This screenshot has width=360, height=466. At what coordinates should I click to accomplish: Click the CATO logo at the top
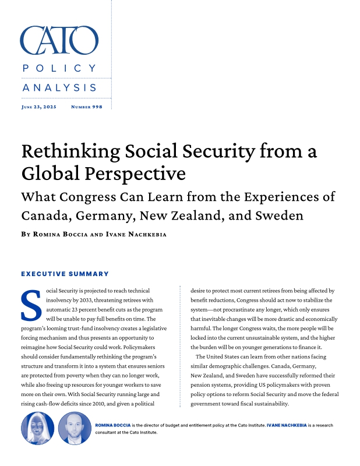click(x=59, y=40)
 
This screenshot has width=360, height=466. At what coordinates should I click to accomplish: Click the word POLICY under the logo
click(x=59, y=69)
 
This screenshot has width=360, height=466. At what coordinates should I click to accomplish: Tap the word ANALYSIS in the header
click(x=59, y=87)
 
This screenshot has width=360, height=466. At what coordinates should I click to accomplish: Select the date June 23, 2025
click(x=38, y=107)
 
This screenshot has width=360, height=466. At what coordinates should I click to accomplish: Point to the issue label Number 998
click(x=86, y=107)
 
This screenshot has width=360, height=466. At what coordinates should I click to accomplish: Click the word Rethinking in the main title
click(x=65, y=151)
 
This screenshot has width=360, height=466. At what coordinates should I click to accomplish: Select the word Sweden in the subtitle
click(x=281, y=216)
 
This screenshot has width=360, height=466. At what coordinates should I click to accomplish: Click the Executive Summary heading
click(x=65, y=273)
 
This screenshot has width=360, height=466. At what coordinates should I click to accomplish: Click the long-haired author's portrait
click(x=37, y=428)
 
